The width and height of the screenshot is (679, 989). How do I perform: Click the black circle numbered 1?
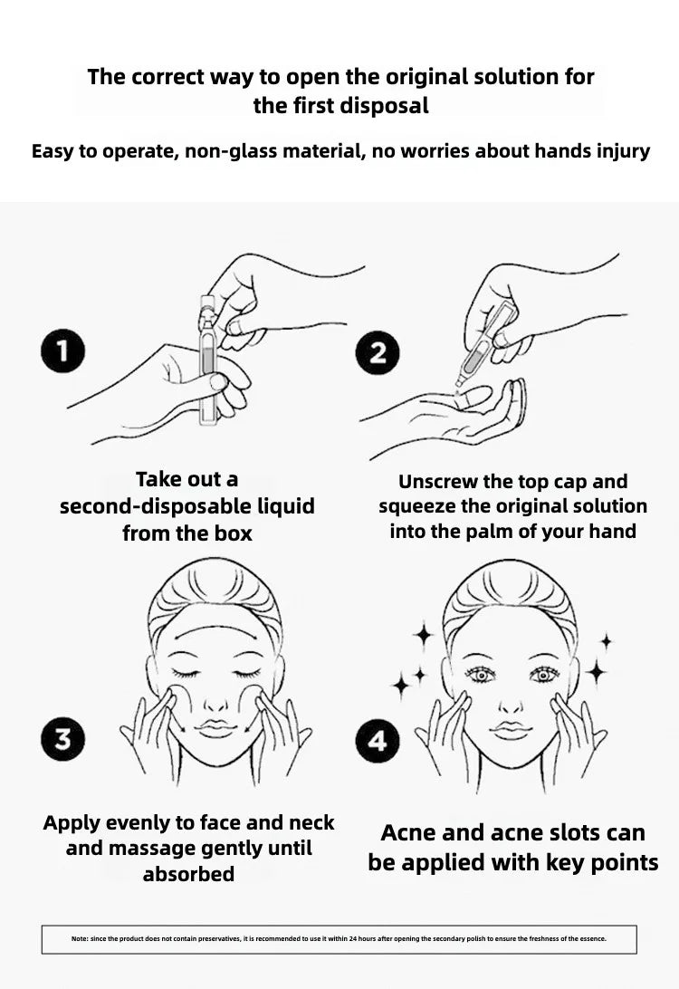[x=63, y=350]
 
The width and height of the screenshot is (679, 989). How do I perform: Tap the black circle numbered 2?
[x=377, y=352]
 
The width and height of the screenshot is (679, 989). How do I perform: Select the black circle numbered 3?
[x=63, y=739]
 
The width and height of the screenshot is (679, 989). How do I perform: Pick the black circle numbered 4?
[x=377, y=741]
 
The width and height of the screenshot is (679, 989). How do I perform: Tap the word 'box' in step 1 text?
[x=233, y=533]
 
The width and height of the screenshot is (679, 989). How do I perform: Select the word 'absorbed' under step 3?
[x=188, y=874]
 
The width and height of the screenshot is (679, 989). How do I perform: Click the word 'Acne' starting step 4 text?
[x=408, y=832]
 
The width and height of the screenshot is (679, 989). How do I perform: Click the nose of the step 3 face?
[x=215, y=701]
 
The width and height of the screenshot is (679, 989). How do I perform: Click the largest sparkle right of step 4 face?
[x=596, y=671]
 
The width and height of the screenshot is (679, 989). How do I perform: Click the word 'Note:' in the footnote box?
[x=80, y=938]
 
